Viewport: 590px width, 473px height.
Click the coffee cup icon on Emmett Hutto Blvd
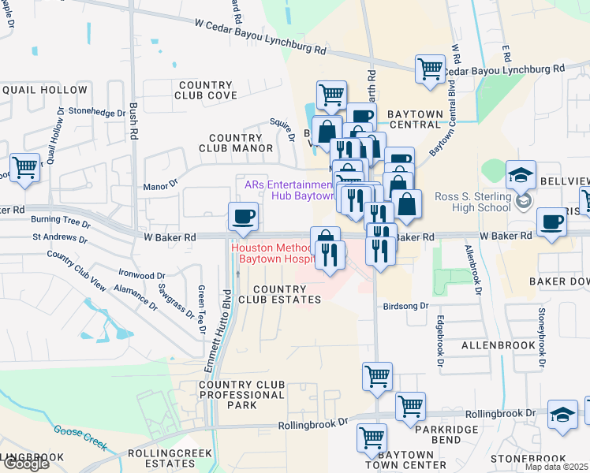point(243,216)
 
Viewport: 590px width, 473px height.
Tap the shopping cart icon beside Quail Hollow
point(25,168)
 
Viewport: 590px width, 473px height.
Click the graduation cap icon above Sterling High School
point(521,173)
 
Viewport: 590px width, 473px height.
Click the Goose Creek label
point(80,435)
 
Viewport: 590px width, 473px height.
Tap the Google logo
point(24,464)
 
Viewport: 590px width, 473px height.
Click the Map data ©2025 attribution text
point(556,467)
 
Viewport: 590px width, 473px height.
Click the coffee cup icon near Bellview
point(551,222)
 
